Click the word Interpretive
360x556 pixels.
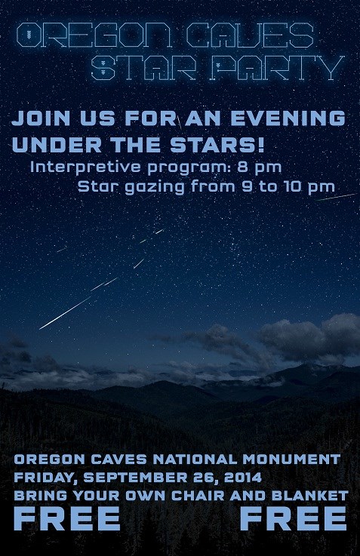pyautogui.click(x=76, y=166)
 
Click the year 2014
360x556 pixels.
pyautogui.click(x=242, y=478)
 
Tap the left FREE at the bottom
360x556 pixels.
pyautogui.click(x=67, y=519)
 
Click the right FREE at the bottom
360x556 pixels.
pyautogui.click(x=294, y=519)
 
